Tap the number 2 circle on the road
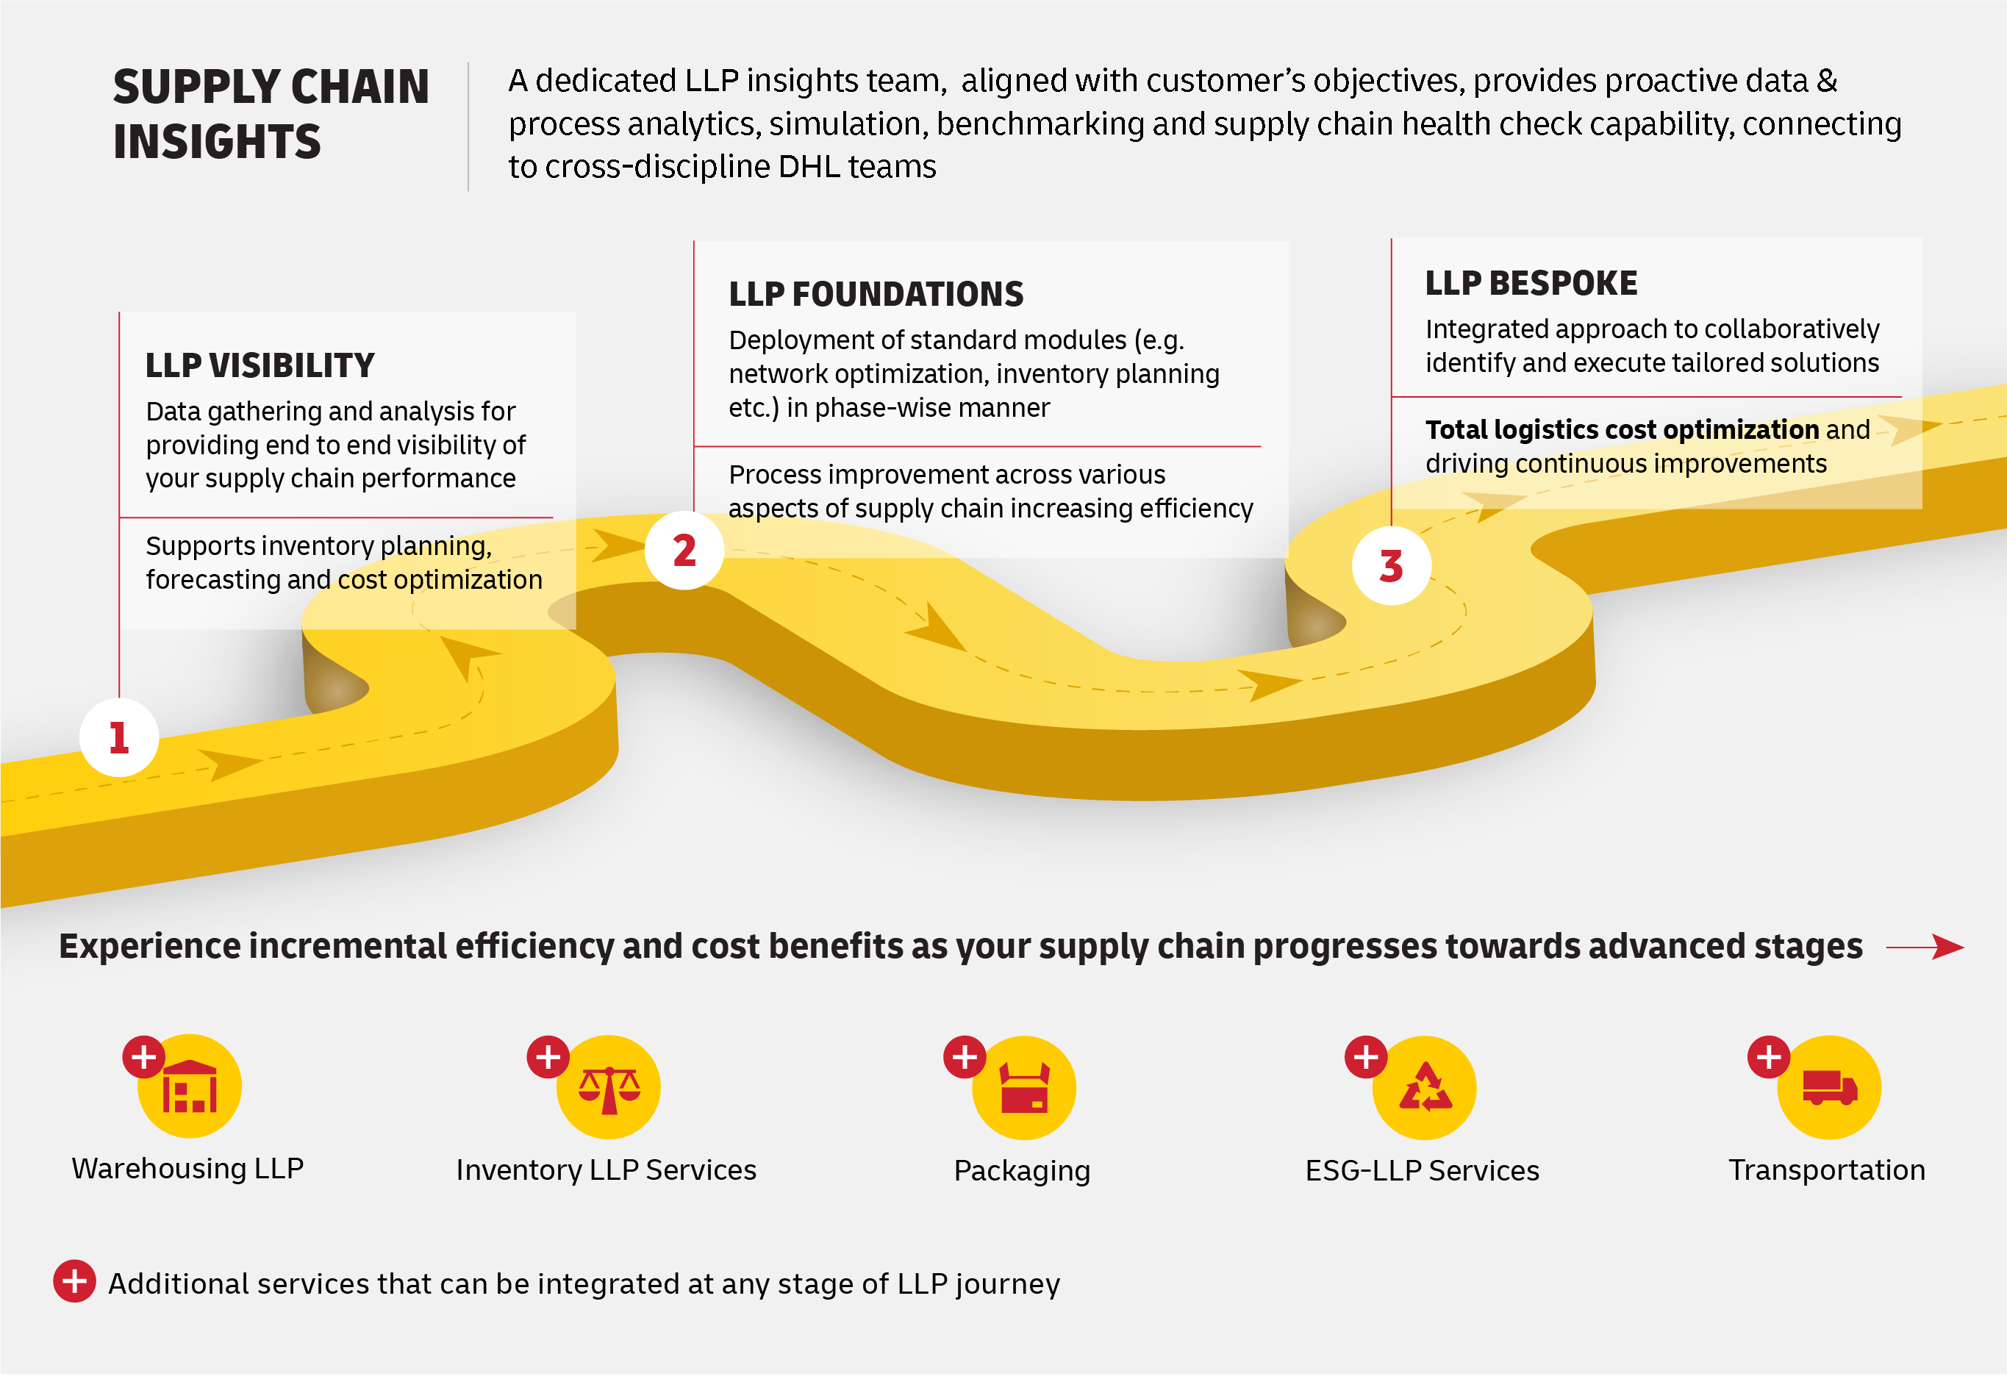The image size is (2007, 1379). (684, 551)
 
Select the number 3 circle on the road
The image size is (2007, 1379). (1391, 567)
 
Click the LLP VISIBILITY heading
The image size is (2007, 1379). (260, 366)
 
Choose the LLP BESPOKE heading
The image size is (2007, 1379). (1530, 284)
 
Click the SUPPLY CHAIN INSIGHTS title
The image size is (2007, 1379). (271, 114)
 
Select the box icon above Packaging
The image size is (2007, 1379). (1024, 1089)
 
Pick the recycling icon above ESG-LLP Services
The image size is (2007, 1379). (1425, 1089)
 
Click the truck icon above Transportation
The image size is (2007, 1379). (1829, 1089)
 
